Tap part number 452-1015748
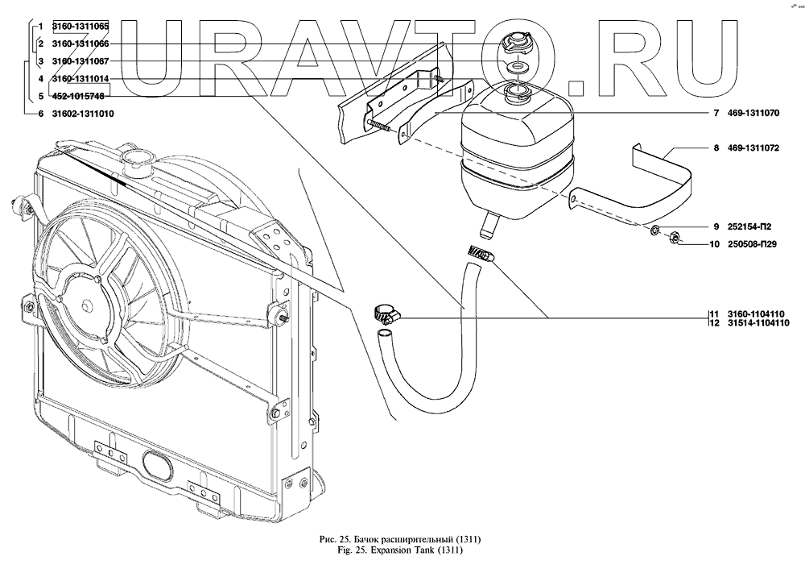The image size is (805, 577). tap(79, 97)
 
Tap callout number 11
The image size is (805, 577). tap(712, 313)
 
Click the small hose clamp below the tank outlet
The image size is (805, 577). tap(481, 255)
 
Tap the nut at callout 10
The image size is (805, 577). tap(675, 237)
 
